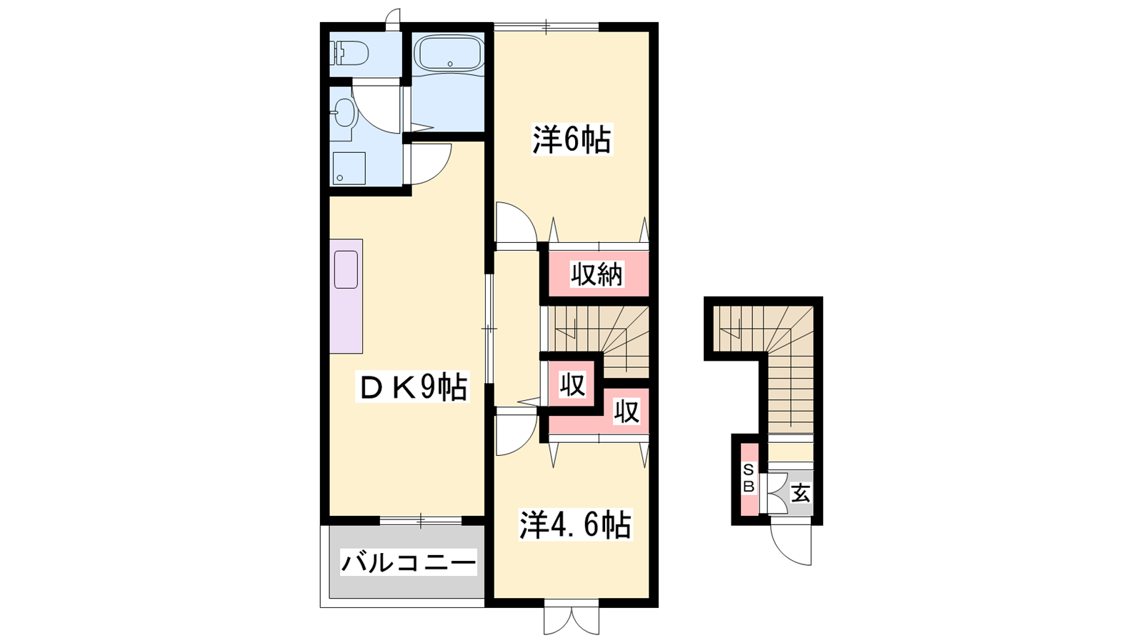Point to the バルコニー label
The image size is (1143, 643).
408,564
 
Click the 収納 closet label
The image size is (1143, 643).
597,276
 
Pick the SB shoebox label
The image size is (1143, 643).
748,478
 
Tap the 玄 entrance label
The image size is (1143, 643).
801,493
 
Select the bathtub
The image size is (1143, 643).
449,53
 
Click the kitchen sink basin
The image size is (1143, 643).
346,270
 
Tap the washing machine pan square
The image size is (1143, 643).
349,168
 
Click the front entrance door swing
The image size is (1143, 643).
790,545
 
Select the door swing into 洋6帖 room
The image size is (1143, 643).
516,222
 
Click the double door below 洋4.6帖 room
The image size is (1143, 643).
571,621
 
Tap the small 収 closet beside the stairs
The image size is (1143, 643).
572,384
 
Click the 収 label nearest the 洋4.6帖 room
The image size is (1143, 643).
627,412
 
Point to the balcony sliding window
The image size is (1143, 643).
421,521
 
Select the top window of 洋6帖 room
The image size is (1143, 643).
546,26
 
